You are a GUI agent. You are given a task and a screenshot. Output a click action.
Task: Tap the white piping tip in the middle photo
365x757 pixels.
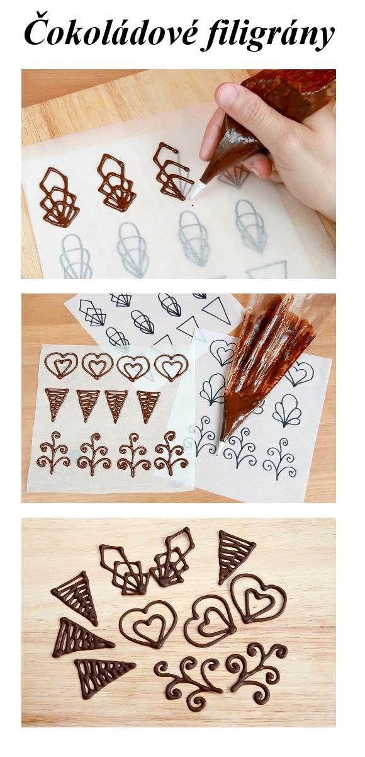point(220,447)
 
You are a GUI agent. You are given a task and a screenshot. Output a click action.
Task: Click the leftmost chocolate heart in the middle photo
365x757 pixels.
point(62,365)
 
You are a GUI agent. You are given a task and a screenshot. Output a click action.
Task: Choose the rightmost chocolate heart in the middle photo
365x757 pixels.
point(171,367)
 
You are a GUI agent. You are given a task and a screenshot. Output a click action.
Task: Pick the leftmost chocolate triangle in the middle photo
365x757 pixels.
point(57,404)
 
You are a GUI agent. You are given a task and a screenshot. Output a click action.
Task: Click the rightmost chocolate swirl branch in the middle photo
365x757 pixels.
point(171,452)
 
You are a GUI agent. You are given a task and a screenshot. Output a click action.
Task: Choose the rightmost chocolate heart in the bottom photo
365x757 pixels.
point(258,598)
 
